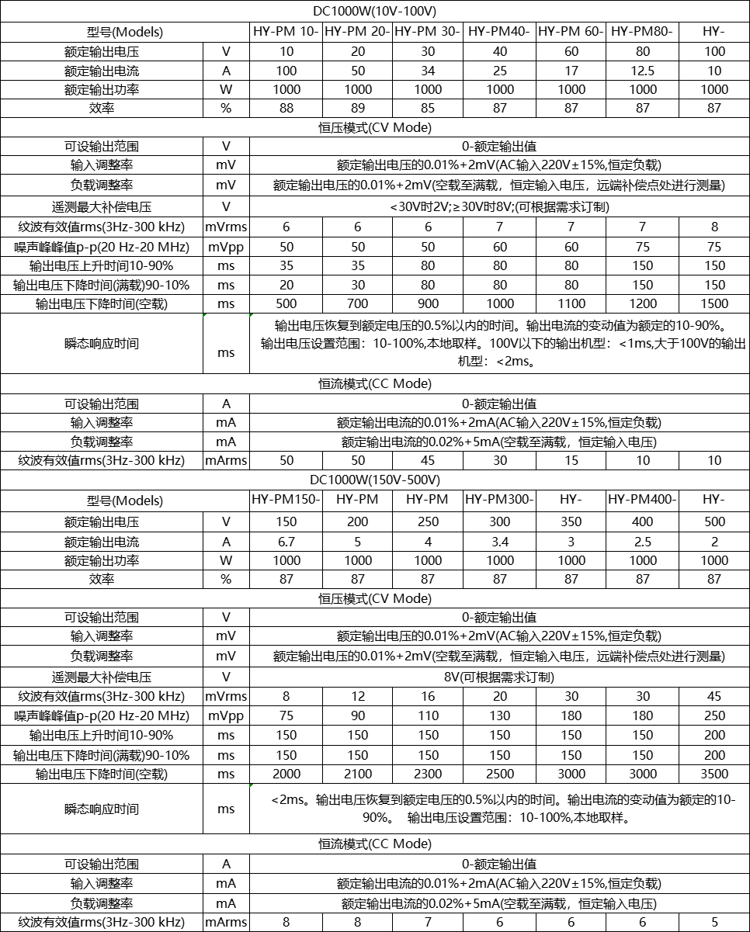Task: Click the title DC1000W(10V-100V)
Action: (375, 12)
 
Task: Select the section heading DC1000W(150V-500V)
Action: (375, 480)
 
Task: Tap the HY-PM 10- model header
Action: (285, 32)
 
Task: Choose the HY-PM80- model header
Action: (642, 32)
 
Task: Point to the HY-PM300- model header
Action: (499, 500)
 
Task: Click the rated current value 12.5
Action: (642, 71)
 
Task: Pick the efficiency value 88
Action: (285, 108)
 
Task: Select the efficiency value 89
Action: (357, 108)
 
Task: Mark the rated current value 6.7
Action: (285, 542)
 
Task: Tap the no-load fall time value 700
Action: (357, 303)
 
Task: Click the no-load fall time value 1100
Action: (571, 303)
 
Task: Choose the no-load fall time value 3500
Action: (714, 774)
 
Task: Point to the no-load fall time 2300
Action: (428, 774)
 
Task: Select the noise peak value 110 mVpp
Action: (428, 715)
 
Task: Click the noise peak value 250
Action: (714, 715)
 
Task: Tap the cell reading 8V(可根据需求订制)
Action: (499, 677)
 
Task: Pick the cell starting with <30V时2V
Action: (499, 206)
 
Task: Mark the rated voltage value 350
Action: (571, 521)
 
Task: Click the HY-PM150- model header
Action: (285, 500)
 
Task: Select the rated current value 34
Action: (428, 71)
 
